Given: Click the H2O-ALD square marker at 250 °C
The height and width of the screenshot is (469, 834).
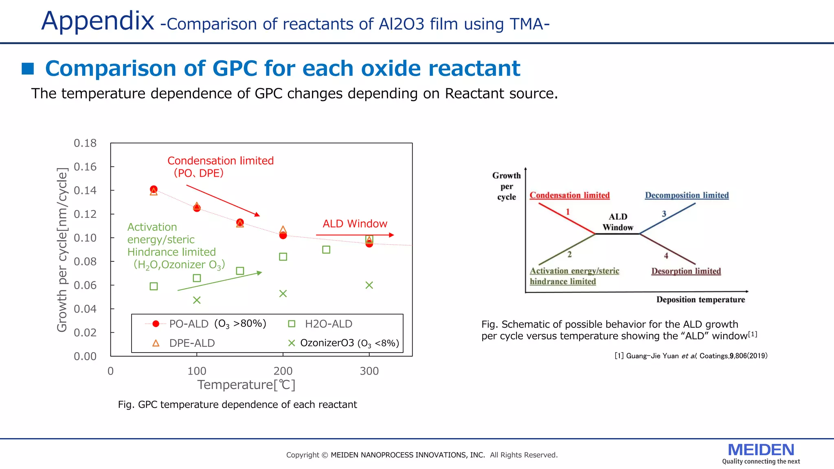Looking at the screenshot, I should [x=326, y=250].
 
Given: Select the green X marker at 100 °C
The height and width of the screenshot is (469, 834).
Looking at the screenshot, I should [x=197, y=300].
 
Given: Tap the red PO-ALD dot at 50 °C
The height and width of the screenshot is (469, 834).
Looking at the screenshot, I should [x=154, y=189].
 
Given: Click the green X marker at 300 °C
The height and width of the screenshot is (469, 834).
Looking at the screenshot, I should [x=369, y=285].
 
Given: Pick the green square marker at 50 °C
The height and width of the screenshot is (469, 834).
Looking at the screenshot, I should [x=154, y=286].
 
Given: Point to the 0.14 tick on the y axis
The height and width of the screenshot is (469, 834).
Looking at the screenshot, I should [x=85, y=191].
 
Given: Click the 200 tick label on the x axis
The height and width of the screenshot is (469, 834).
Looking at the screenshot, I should [x=283, y=371].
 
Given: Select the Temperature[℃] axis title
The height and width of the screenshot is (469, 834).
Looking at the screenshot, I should [x=246, y=385].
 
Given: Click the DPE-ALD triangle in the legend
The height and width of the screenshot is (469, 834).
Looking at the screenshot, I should [x=156, y=343].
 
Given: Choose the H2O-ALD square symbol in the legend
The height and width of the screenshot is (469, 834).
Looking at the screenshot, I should [x=292, y=324].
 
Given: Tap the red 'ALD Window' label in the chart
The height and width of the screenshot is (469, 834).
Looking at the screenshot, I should [x=355, y=224].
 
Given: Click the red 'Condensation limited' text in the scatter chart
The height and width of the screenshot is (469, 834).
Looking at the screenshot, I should [x=220, y=160].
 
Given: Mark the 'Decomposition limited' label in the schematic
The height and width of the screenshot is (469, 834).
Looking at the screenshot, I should [x=687, y=195].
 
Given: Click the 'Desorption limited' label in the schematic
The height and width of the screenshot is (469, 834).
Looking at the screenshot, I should [x=686, y=271].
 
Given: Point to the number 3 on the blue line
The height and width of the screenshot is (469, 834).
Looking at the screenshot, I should [x=664, y=214].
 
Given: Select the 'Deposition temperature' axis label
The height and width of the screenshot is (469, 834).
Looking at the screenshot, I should [x=700, y=300].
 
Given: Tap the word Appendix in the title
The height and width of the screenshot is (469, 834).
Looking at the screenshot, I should [x=98, y=21].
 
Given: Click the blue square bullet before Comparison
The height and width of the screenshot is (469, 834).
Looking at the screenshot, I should [x=28, y=69].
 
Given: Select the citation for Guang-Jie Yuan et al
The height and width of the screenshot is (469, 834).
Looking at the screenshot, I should [x=691, y=356].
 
